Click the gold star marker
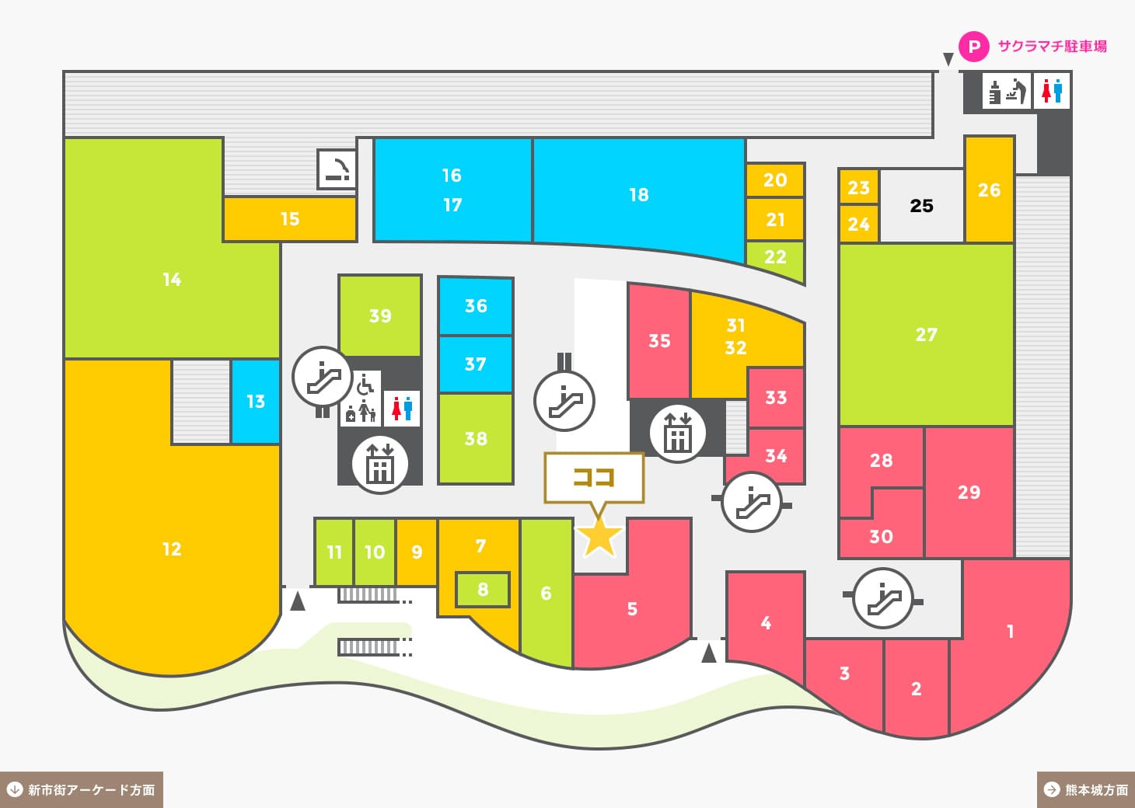coord(599,538)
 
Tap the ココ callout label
coord(594,477)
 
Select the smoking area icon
coord(337,169)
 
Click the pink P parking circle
coord(973,47)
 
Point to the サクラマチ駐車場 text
coord(1052,47)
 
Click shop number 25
coord(921,206)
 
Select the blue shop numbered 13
coord(255,402)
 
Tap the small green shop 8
coord(482,589)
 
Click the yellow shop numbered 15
coord(290,219)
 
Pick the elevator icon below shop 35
coord(677,433)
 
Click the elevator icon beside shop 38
coord(379,464)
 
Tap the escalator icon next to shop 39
coord(322,377)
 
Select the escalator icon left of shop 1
coord(883,598)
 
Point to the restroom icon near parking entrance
coord(1051,91)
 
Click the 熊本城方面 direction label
coord(1086,790)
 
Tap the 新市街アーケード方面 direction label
coord(82,790)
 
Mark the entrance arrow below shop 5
coord(709,653)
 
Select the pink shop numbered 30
coord(881,535)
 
